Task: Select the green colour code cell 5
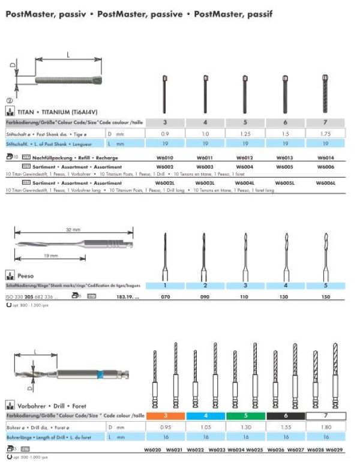[245, 416]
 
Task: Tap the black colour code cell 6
[285, 416]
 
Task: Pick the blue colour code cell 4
[205, 416]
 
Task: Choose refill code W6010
[164, 158]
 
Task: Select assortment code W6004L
[245, 183]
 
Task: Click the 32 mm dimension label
[72, 229]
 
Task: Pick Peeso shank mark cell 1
[164, 286]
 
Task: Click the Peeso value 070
[164, 296]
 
